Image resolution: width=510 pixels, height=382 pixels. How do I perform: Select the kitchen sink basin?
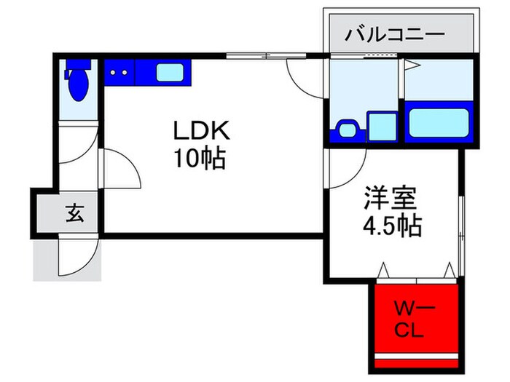171,73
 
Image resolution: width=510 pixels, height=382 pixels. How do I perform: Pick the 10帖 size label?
199,158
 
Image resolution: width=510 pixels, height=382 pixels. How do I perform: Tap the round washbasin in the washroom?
346,129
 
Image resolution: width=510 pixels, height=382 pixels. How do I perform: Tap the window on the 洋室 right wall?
460,218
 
